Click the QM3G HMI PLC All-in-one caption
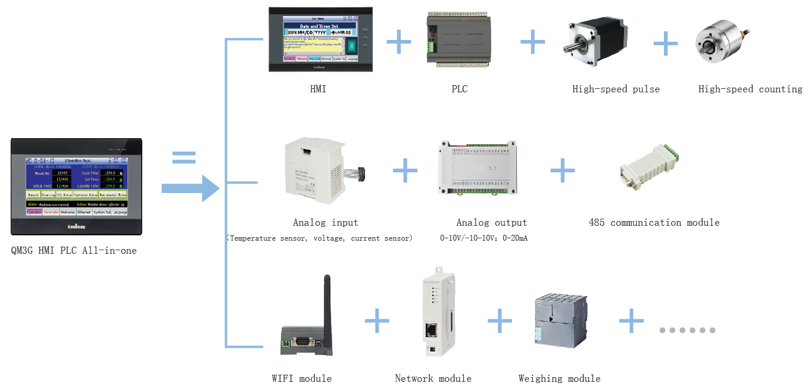74,251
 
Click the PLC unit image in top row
459,39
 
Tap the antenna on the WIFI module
327,307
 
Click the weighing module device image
559,325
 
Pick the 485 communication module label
654,223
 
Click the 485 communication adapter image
648,167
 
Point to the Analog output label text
491,223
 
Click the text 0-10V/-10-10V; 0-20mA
484,238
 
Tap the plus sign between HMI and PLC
399,42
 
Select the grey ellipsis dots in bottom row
687,330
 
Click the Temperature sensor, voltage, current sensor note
319,238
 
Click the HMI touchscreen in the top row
320,39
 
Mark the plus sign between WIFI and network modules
377,321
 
